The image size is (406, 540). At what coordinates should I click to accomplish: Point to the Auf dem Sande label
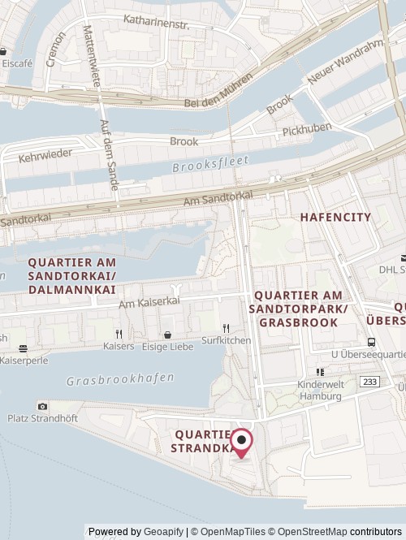[108, 155]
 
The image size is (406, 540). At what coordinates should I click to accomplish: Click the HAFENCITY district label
[335, 218]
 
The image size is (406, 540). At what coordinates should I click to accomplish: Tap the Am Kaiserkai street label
[149, 301]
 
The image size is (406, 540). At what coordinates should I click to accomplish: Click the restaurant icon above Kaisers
[119, 333]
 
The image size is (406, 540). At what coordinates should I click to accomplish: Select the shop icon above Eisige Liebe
[167, 334]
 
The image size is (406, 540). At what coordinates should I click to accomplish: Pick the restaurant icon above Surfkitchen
[227, 329]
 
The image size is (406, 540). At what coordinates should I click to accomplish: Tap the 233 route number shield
[369, 380]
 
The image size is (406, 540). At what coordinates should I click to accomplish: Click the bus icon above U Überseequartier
[371, 342]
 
